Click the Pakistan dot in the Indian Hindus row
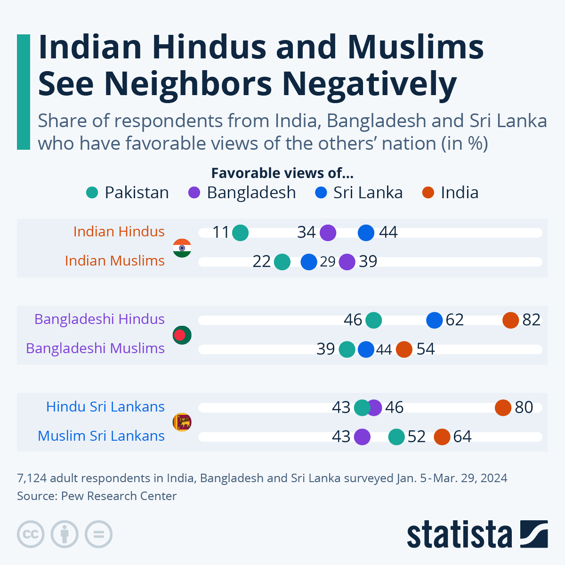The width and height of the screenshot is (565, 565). [x=240, y=233]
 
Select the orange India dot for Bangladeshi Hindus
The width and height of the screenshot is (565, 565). [x=510, y=320]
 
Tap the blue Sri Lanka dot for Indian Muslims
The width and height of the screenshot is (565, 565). [x=309, y=262]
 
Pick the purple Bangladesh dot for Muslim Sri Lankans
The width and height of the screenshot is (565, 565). [x=362, y=437]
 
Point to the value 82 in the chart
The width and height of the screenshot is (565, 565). [x=532, y=320]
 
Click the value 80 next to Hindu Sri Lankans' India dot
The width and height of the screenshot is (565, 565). [x=524, y=407]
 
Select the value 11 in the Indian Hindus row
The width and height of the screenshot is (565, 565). [x=221, y=233]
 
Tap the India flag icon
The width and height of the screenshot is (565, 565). [x=182, y=248]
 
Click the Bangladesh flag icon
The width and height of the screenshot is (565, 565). [x=182, y=335]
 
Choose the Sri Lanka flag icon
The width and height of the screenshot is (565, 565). [x=182, y=422]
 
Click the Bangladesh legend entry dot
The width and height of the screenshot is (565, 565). [x=194, y=193]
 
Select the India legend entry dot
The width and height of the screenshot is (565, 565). [x=428, y=193]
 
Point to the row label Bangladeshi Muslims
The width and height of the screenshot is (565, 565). [x=96, y=348]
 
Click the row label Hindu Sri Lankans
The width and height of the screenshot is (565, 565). [x=105, y=407]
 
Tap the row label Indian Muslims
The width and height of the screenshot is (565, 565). [x=115, y=261]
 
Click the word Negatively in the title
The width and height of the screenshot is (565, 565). [x=370, y=84]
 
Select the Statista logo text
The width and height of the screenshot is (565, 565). [x=459, y=534]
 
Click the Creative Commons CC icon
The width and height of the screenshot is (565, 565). [x=31, y=534]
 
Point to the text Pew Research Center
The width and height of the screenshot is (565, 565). [x=119, y=496]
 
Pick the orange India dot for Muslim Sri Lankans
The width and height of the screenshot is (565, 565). [x=442, y=437]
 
